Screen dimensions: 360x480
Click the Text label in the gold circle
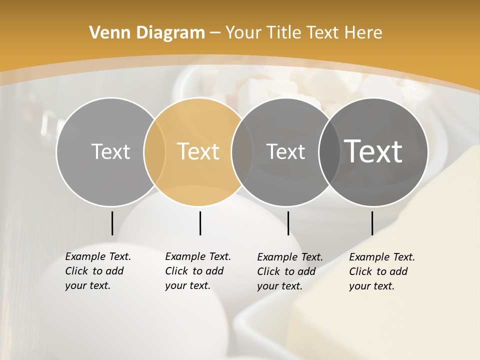click(198, 151)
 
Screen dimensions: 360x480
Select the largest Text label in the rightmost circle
click(373, 151)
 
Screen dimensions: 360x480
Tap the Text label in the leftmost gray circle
click(110, 151)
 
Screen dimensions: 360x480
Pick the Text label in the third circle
click(285, 151)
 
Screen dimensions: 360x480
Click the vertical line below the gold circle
click(200, 223)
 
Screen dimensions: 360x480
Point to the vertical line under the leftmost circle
click(112, 223)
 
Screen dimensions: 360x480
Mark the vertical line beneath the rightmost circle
click(372, 223)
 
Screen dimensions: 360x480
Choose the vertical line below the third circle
click(288, 223)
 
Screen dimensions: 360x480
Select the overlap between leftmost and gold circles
click(154, 152)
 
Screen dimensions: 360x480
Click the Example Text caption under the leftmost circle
click(98, 271)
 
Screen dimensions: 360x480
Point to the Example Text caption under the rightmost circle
click(382, 271)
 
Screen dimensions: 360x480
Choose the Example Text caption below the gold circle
click(198, 271)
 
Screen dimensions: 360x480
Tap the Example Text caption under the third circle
click(290, 271)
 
